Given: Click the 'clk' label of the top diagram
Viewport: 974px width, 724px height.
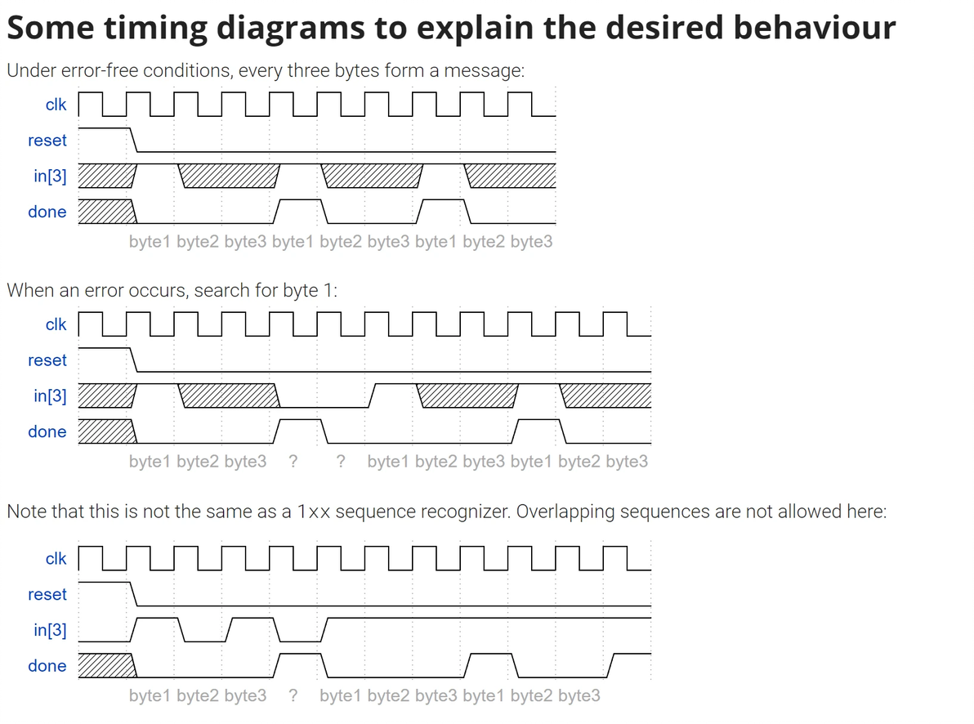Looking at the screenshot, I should click(x=56, y=105).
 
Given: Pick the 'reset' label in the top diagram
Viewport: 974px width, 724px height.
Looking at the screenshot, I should click(x=47, y=141).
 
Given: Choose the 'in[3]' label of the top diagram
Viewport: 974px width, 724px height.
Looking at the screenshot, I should click(x=51, y=176).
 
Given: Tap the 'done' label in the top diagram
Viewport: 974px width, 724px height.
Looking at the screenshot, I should click(x=47, y=212).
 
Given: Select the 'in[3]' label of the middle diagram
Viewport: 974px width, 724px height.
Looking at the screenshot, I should click(x=51, y=396).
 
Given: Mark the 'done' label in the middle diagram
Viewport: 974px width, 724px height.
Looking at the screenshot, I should click(x=47, y=431).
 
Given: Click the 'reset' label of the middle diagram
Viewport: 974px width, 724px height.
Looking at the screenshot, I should click(x=47, y=360).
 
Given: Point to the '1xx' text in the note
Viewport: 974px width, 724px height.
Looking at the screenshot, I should click(x=314, y=512).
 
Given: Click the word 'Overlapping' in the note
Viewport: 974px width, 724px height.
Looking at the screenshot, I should click(x=568, y=512).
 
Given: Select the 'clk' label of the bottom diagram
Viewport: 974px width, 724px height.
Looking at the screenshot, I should click(x=56, y=559).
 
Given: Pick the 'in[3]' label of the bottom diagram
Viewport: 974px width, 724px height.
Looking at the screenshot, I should click(x=51, y=630).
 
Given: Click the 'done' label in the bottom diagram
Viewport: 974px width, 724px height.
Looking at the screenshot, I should click(x=47, y=666).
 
